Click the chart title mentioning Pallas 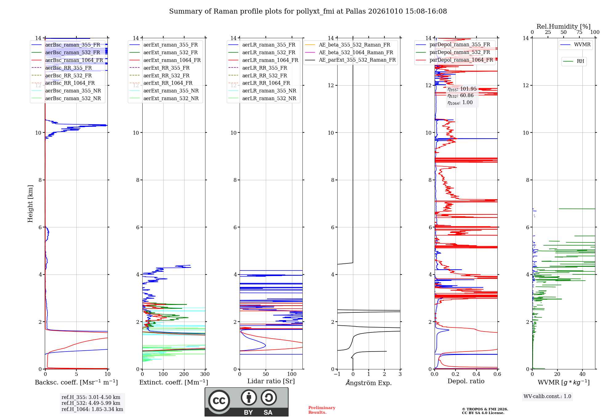tap(308, 11)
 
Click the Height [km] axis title tap(30, 203)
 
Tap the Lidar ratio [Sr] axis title tap(271, 381)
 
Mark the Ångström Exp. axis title tap(369, 383)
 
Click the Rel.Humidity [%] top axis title tap(564, 26)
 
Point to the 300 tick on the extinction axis tap(205, 374)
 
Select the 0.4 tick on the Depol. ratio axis tap(476, 374)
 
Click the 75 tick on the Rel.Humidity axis tap(579, 32)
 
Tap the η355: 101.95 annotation tap(462, 89)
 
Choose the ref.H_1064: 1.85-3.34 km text tap(92, 409)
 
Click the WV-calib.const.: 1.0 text tap(547, 396)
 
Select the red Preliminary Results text tap(322, 410)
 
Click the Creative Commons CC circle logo tap(219, 401)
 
